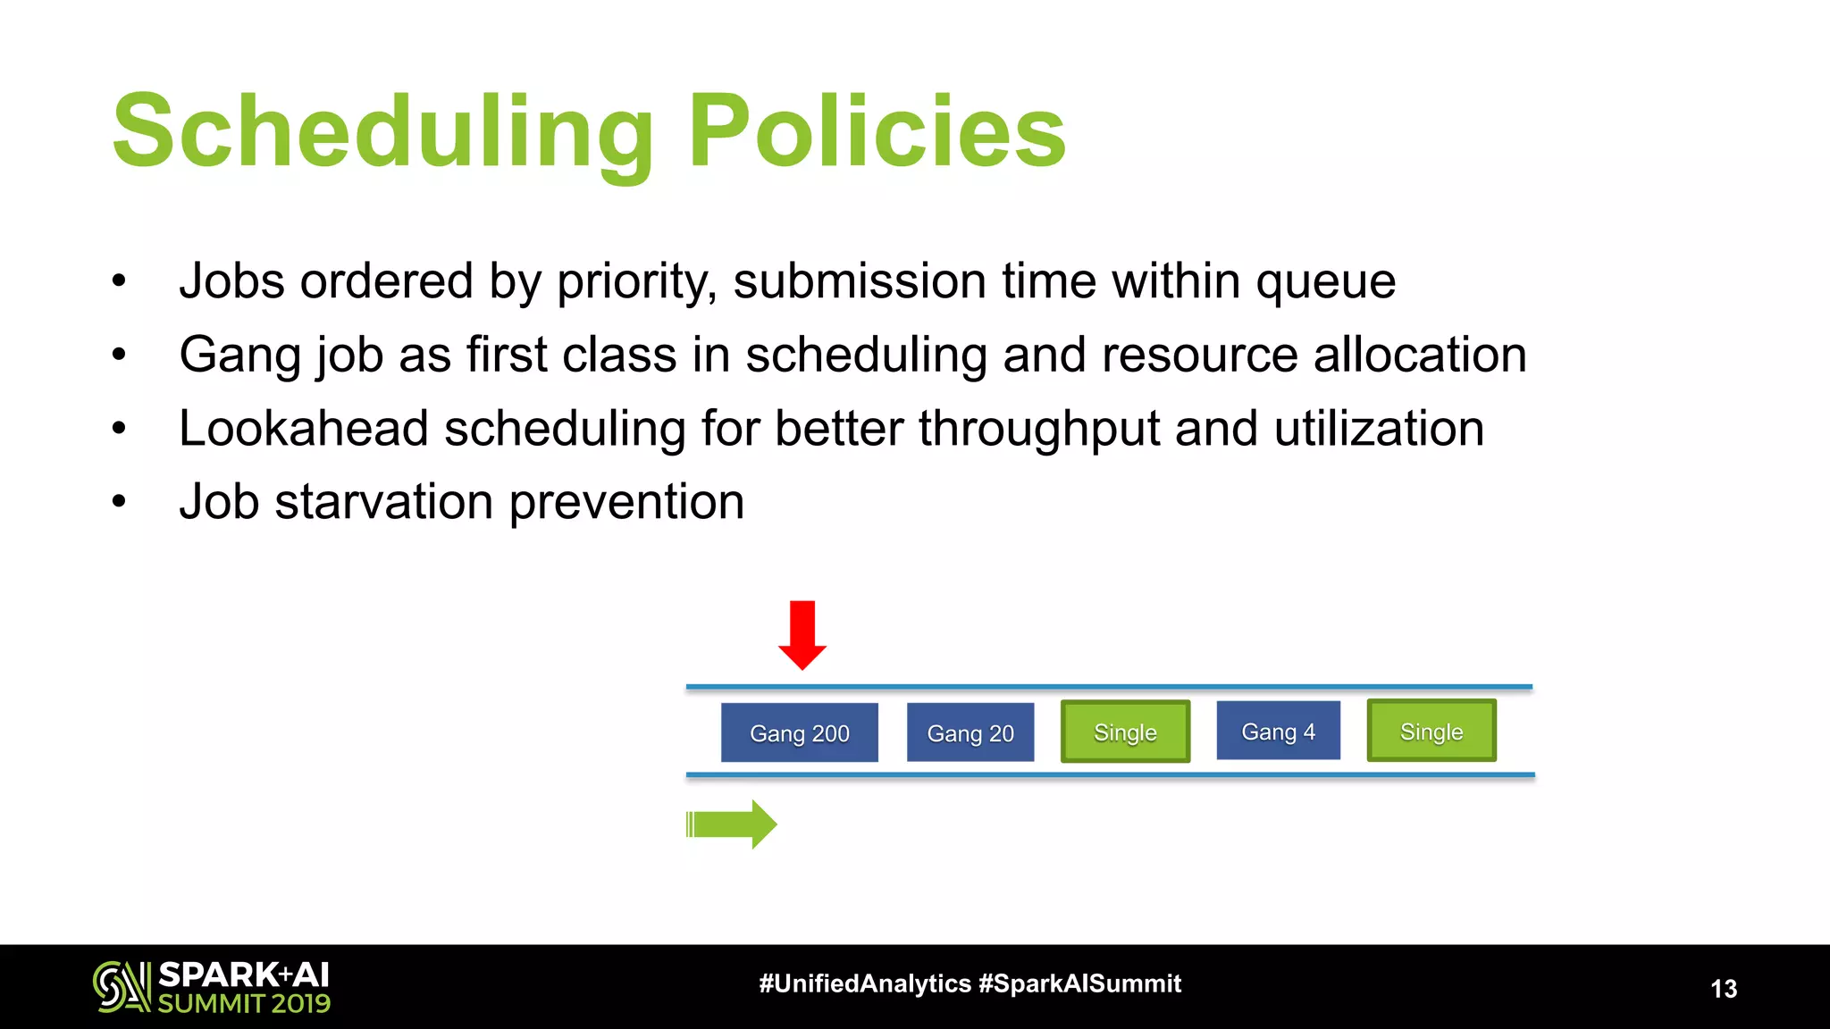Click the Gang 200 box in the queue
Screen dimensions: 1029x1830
799,732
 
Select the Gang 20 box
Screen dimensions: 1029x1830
970,732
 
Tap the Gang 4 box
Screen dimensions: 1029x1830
1278,731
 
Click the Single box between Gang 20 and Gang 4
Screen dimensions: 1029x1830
1125,732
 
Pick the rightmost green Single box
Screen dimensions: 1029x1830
1431,731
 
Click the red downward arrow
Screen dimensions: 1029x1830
802,635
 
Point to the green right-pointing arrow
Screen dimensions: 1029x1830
732,824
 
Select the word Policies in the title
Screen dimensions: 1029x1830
877,132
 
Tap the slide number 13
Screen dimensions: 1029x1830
1723,989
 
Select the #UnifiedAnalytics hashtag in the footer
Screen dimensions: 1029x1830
864,983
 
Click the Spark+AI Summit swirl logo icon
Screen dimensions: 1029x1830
122,986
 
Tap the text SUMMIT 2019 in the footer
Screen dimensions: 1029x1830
244,1004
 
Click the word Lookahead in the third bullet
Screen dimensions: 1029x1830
304,428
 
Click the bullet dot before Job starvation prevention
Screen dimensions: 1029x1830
120,502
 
